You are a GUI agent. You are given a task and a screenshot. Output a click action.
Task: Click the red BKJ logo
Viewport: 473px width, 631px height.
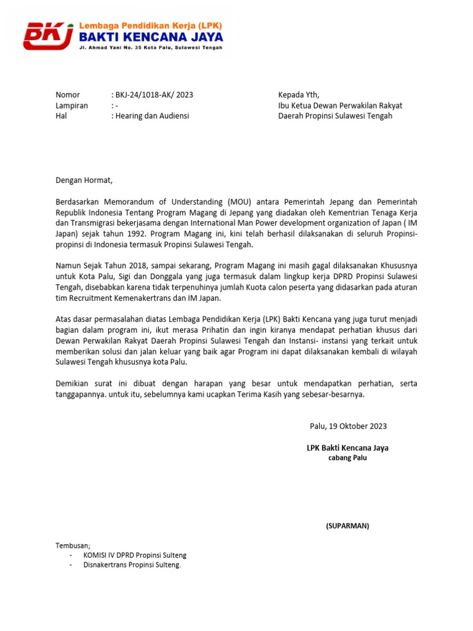click(x=48, y=35)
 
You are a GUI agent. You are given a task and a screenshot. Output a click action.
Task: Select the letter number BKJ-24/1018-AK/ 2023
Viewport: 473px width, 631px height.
click(x=154, y=95)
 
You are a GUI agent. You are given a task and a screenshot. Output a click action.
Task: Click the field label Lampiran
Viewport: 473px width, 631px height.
click(x=71, y=105)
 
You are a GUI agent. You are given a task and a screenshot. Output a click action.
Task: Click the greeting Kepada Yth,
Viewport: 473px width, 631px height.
click(x=299, y=95)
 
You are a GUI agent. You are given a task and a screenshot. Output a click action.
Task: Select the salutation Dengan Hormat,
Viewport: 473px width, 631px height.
click(x=84, y=181)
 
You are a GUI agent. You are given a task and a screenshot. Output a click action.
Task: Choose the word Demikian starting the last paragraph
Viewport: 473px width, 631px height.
click(x=74, y=384)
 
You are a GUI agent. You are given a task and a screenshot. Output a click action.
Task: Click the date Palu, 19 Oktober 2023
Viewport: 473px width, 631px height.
click(x=348, y=426)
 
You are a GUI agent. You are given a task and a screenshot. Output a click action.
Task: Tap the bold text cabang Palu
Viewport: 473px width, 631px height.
click(x=347, y=458)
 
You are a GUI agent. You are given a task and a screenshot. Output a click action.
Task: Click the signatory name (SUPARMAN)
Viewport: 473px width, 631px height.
click(x=347, y=526)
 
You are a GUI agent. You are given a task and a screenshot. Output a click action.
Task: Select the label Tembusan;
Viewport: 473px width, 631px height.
click(x=73, y=545)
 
